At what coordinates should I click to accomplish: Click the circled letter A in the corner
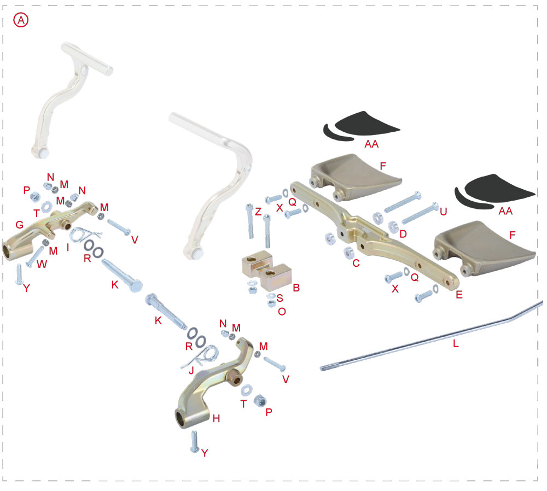click(21, 20)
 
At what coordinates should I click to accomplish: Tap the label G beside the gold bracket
click(19, 225)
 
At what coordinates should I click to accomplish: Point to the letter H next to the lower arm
click(216, 418)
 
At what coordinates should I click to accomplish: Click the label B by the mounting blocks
click(296, 287)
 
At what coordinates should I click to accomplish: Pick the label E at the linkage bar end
click(459, 294)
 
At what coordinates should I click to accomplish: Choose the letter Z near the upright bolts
click(258, 212)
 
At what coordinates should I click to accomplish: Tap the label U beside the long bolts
click(444, 211)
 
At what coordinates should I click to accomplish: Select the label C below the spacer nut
click(356, 263)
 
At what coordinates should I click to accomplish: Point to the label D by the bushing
click(403, 234)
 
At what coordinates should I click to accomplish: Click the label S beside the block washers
click(280, 299)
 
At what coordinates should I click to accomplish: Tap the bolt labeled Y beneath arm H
click(194, 441)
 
